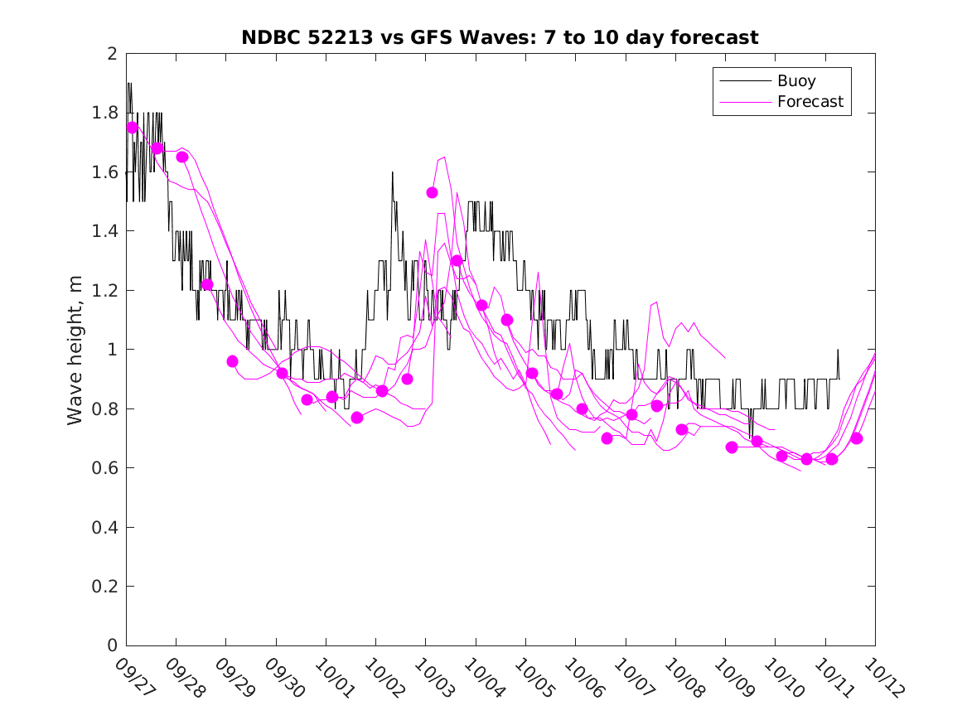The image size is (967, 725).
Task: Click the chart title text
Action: pos(500,37)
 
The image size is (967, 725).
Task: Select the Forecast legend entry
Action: pos(810,102)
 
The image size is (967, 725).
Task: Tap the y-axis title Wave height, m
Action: pos(75,350)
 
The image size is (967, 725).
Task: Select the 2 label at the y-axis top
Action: pos(112,54)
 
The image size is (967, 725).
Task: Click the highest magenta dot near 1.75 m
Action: pos(132,128)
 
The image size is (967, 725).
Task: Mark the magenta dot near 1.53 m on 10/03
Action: pos(432,192)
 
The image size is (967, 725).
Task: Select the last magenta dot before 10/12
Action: pos(857,438)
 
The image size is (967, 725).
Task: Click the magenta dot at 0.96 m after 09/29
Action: pos(232,361)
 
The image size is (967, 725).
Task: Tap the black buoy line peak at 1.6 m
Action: pos(392,172)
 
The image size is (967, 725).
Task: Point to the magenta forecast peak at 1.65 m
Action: pos(445,157)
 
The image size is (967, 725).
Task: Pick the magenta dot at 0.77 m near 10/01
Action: pos(357,418)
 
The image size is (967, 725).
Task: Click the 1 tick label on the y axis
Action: pos(112,350)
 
